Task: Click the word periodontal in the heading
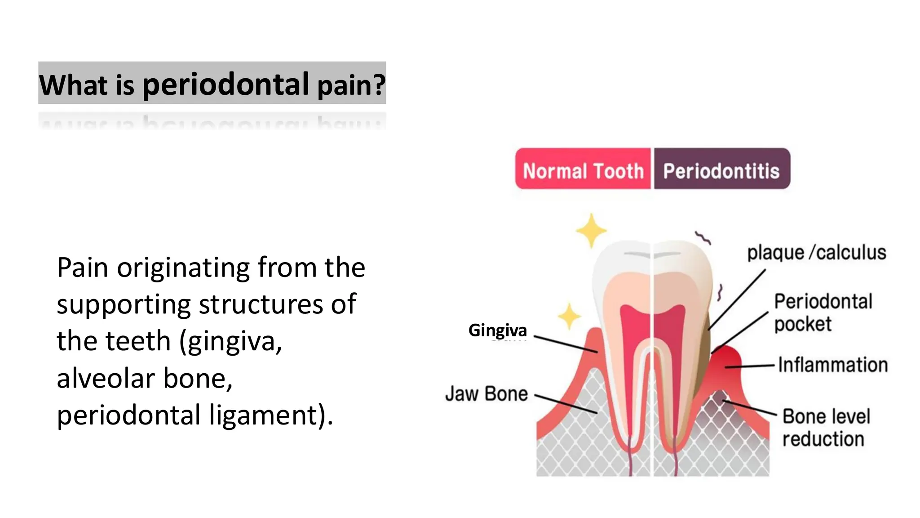coord(226,84)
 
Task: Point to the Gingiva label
coord(497,330)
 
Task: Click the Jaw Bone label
coord(487,393)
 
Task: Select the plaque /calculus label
coord(816,253)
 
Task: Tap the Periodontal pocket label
coord(823,313)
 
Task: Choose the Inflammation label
coord(833,365)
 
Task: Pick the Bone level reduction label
coord(826,428)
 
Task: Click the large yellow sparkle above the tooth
coord(591,231)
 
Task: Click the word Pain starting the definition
coord(82,268)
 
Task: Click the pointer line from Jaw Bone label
coord(566,404)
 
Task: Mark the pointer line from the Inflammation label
coord(749,366)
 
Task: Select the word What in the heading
coord(74,84)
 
